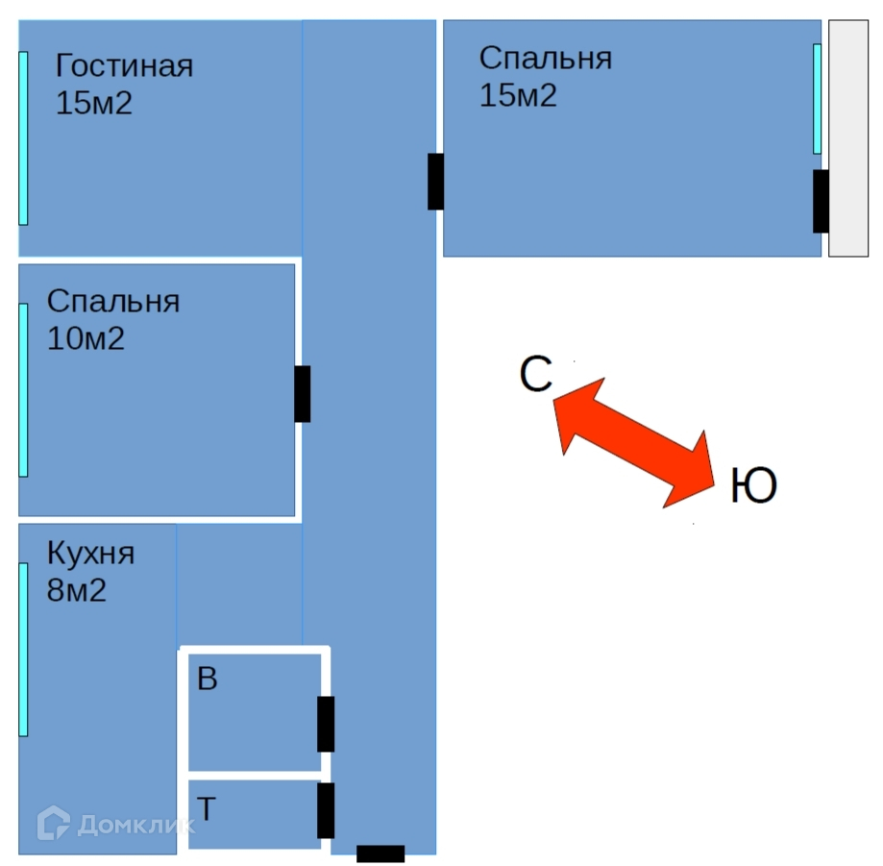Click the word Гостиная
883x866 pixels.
point(124,66)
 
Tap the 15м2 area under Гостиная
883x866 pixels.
point(93,103)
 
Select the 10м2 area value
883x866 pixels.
point(86,338)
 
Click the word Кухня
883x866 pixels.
point(90,554)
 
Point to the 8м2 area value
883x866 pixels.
point(77,590)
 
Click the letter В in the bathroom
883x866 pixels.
point(207,680)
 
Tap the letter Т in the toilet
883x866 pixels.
point(206,809)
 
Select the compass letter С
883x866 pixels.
point(535,375)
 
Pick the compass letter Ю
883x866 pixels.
point(753,486)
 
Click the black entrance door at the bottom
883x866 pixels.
point(380,853)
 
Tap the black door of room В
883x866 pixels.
point(326,724)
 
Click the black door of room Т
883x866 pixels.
point(326,810)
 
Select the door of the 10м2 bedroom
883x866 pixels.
point(302,394)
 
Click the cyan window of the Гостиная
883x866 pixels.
point(23,138)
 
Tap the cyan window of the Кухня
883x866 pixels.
point(23,650)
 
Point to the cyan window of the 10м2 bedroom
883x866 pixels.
point(23,390)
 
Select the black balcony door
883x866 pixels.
point(821,201)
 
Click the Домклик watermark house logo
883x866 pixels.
point(54,823)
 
